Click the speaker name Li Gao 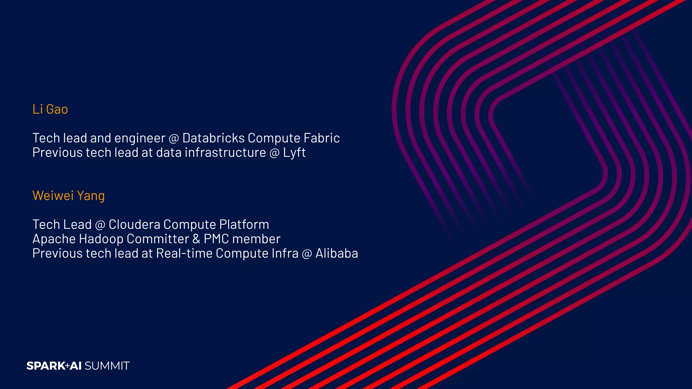(x=50, y=109)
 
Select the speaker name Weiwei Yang (x=69, y=196)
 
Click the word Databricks (x=213, y=138)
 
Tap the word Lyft (x=294, y=153)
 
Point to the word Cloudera (x=134, y=225)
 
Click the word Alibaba (x=337, y=254)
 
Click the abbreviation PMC (x=216, y=239)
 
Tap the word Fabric (x=321, y=138)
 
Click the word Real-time (x=184, y=254)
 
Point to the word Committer (x=157, y=239)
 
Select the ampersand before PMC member (x=196, y=239)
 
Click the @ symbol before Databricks (x=174, y=138)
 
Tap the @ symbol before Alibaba (x=307, y=254)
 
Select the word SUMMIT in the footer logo (x=107, y=366)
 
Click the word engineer (x=140, y=138)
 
